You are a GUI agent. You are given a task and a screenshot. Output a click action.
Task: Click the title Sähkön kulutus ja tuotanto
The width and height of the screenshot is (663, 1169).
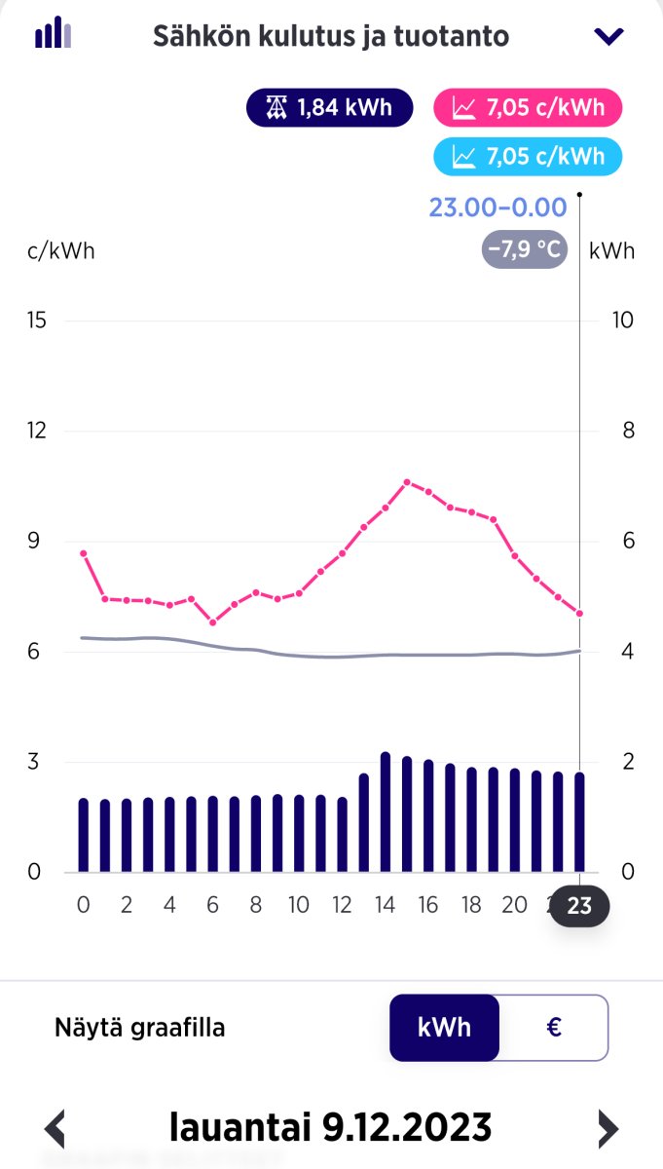coord(330,37)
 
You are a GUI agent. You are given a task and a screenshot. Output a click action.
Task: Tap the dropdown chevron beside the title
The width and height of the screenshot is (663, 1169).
coord(608,37)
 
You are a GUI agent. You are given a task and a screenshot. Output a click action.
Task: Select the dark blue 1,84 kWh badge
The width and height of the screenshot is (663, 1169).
coord(331,107)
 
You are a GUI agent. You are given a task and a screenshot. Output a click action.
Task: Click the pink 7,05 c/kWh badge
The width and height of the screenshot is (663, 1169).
coord(527,107)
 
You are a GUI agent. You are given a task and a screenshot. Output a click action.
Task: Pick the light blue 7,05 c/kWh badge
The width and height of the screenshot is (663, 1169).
coord(527,156)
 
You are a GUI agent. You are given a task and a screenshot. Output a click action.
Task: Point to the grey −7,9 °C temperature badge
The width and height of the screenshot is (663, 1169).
coord(524,250)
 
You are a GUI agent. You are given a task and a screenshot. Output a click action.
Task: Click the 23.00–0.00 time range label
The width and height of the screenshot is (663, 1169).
coord(497,207)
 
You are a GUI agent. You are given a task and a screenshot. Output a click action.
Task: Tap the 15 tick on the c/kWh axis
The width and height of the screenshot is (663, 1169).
coord(38,321)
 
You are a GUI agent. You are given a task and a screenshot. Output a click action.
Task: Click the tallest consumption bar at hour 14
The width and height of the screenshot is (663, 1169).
coord(386,811)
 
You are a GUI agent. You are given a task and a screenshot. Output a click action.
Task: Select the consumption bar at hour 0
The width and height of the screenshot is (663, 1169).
coord(83,835)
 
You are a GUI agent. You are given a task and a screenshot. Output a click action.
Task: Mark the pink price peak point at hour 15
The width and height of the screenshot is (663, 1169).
coord(407,481)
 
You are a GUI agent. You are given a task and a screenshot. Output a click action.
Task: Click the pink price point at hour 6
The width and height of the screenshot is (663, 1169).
coord(213,622)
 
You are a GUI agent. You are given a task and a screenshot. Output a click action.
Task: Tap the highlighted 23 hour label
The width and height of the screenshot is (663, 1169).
coord(579,906)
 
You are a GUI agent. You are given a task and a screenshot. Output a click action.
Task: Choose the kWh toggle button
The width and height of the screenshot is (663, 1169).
coord(445,1027)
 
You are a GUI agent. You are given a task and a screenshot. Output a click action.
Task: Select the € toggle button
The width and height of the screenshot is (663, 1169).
coord(554,1027)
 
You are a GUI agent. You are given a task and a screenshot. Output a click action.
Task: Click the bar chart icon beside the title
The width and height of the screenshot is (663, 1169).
coord(54,33)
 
